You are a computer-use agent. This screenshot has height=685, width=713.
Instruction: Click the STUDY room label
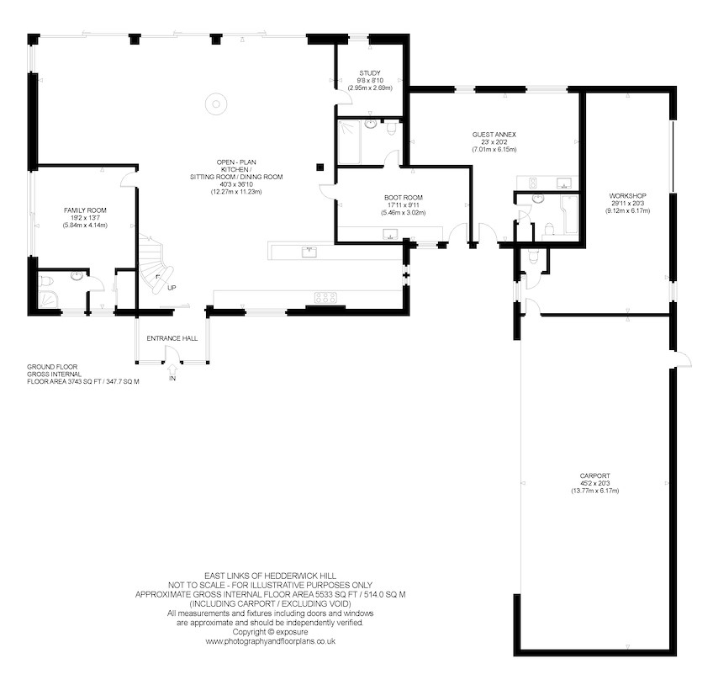[370, 73]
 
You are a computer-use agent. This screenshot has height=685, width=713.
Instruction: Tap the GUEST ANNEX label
[494, 135]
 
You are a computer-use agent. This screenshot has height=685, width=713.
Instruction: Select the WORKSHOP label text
[627, 196]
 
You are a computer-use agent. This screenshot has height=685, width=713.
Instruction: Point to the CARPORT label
[595, 476]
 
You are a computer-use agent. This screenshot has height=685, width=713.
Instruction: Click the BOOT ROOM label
[404, 198]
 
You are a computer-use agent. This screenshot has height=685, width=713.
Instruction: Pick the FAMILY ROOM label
[85, 210]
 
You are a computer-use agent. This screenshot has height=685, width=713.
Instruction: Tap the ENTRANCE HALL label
[172, 338]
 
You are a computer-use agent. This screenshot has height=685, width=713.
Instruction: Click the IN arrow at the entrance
[172, 368]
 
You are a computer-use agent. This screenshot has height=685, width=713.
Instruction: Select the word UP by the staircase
[172, 288]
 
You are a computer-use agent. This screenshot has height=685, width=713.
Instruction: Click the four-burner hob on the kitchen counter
[325, 298]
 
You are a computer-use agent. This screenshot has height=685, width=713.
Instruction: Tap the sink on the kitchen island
[309, 252]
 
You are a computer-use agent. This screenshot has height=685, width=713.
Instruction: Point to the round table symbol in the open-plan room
[215, 104]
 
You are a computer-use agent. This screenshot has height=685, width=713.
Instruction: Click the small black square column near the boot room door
[320, 167]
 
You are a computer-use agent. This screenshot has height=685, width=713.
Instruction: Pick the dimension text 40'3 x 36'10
[236, 184]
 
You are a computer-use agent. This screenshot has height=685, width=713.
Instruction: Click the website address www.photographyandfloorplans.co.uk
[270, 641]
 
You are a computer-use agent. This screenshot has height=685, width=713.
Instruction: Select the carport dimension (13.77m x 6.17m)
[595, 491]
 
